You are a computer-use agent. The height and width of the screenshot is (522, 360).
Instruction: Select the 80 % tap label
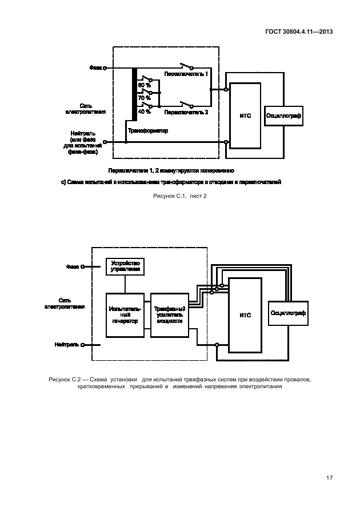pyautogui.click(x=144, y=85)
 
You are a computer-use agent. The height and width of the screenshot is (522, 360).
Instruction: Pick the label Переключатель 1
pyautogui.click(x=186, y=75)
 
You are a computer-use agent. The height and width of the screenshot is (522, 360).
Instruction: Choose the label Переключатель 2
pyautogui.click(x=186, y=113)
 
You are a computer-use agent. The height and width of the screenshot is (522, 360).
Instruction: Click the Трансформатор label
pyautogui.click(x=148, y=130)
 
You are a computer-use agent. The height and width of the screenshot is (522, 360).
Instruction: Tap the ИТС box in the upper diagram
pyautogui.click(x=246, y=115)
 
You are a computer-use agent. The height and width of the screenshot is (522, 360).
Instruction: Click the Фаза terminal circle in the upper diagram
pyautogui.click(x=105, y=67)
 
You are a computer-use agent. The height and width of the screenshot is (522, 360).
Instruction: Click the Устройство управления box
pyautogui.click(x=125, y=266)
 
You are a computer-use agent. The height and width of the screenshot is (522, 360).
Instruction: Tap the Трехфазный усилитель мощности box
pyautogui.click(x=169, y=314)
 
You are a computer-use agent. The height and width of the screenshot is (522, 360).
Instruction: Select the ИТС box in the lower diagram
pyautogui.click(x=245, y=315)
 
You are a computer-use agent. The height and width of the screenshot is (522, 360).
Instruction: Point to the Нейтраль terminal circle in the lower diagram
pyautogui.click(x=82, y=345)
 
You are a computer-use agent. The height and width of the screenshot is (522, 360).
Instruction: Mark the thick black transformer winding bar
pyautogui.click(x=134, y=95)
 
